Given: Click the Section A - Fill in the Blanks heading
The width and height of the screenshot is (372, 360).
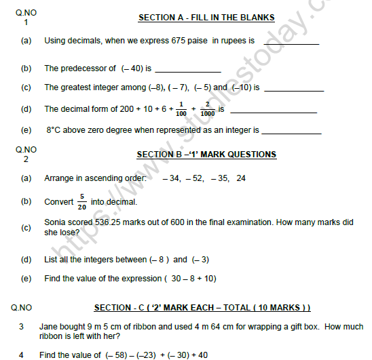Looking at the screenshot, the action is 207,17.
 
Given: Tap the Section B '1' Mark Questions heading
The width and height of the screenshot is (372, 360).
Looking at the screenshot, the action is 206,155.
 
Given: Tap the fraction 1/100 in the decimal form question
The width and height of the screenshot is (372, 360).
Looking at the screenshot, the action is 181,108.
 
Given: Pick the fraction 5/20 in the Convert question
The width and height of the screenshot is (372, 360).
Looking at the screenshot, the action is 81,202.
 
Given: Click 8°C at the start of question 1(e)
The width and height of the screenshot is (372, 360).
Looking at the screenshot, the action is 55,129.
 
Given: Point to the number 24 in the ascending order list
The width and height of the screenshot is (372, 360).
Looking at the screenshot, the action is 241,179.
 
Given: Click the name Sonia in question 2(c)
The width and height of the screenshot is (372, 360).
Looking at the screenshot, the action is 56,222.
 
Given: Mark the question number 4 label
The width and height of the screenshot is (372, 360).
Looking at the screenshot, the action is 21,355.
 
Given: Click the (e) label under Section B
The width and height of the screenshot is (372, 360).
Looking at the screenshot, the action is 26,279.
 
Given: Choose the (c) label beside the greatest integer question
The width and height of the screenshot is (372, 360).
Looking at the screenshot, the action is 26,87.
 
